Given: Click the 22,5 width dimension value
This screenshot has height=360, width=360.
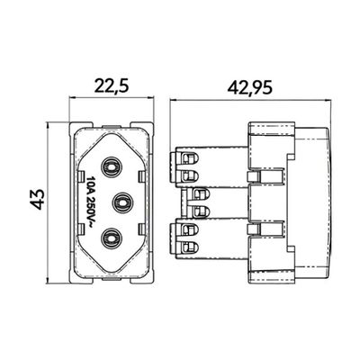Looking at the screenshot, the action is tap(112, 86).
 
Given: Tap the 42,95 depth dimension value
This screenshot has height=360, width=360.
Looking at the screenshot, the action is tap(250, 88).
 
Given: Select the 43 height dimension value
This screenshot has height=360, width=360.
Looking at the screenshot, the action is tap(39, 199).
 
